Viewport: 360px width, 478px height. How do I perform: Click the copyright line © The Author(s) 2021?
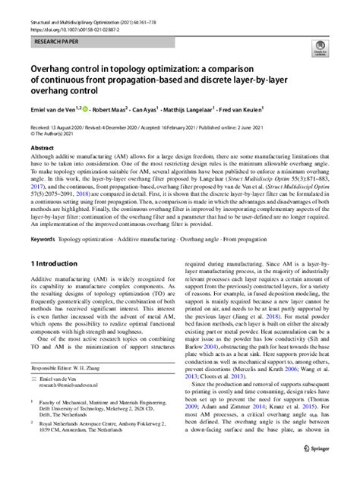(x=53, y=134)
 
